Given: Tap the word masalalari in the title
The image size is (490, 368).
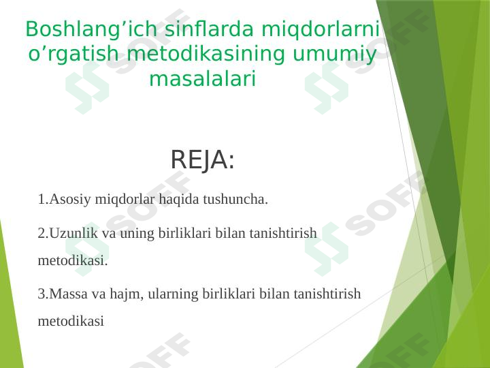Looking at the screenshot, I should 202,79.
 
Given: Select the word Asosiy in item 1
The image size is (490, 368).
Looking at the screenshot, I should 69,200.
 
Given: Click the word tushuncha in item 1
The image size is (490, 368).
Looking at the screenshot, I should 234,200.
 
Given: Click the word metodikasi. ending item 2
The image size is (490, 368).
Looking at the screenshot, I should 73,260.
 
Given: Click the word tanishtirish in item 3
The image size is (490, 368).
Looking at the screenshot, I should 329,294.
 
